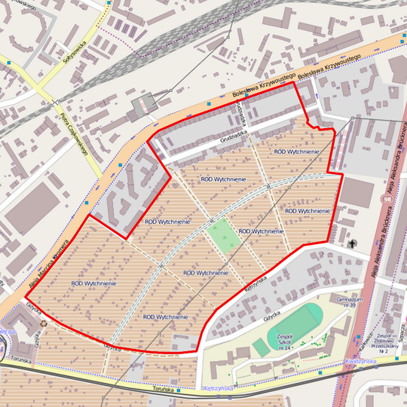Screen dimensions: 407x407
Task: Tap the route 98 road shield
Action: point(387,200)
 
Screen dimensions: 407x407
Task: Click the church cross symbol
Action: point(352,244)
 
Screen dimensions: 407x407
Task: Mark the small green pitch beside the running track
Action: point(259,347)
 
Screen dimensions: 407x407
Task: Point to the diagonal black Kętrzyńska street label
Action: point(252,283)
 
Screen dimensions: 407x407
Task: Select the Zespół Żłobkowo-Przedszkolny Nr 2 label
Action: point(388,343)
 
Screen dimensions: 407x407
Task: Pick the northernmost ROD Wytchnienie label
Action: point(296,151)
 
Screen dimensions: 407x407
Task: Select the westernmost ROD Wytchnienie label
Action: point(93,283)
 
